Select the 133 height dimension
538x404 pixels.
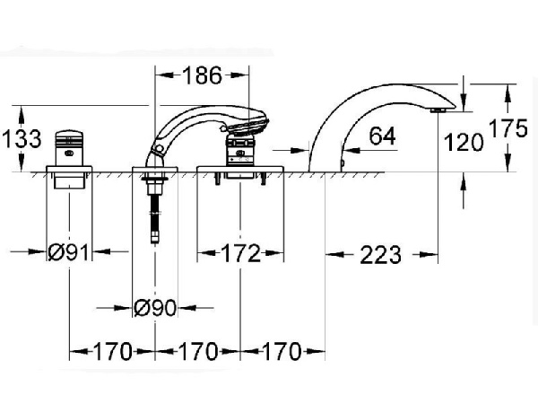(21, 138)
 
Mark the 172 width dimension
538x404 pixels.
(240, 253)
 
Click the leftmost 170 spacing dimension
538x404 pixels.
(113, 350)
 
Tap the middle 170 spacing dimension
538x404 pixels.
(197, 350)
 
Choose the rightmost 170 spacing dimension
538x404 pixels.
(281, 350)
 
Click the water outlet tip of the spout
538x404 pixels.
(438, 110)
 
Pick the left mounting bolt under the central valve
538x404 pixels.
(216, 183)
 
